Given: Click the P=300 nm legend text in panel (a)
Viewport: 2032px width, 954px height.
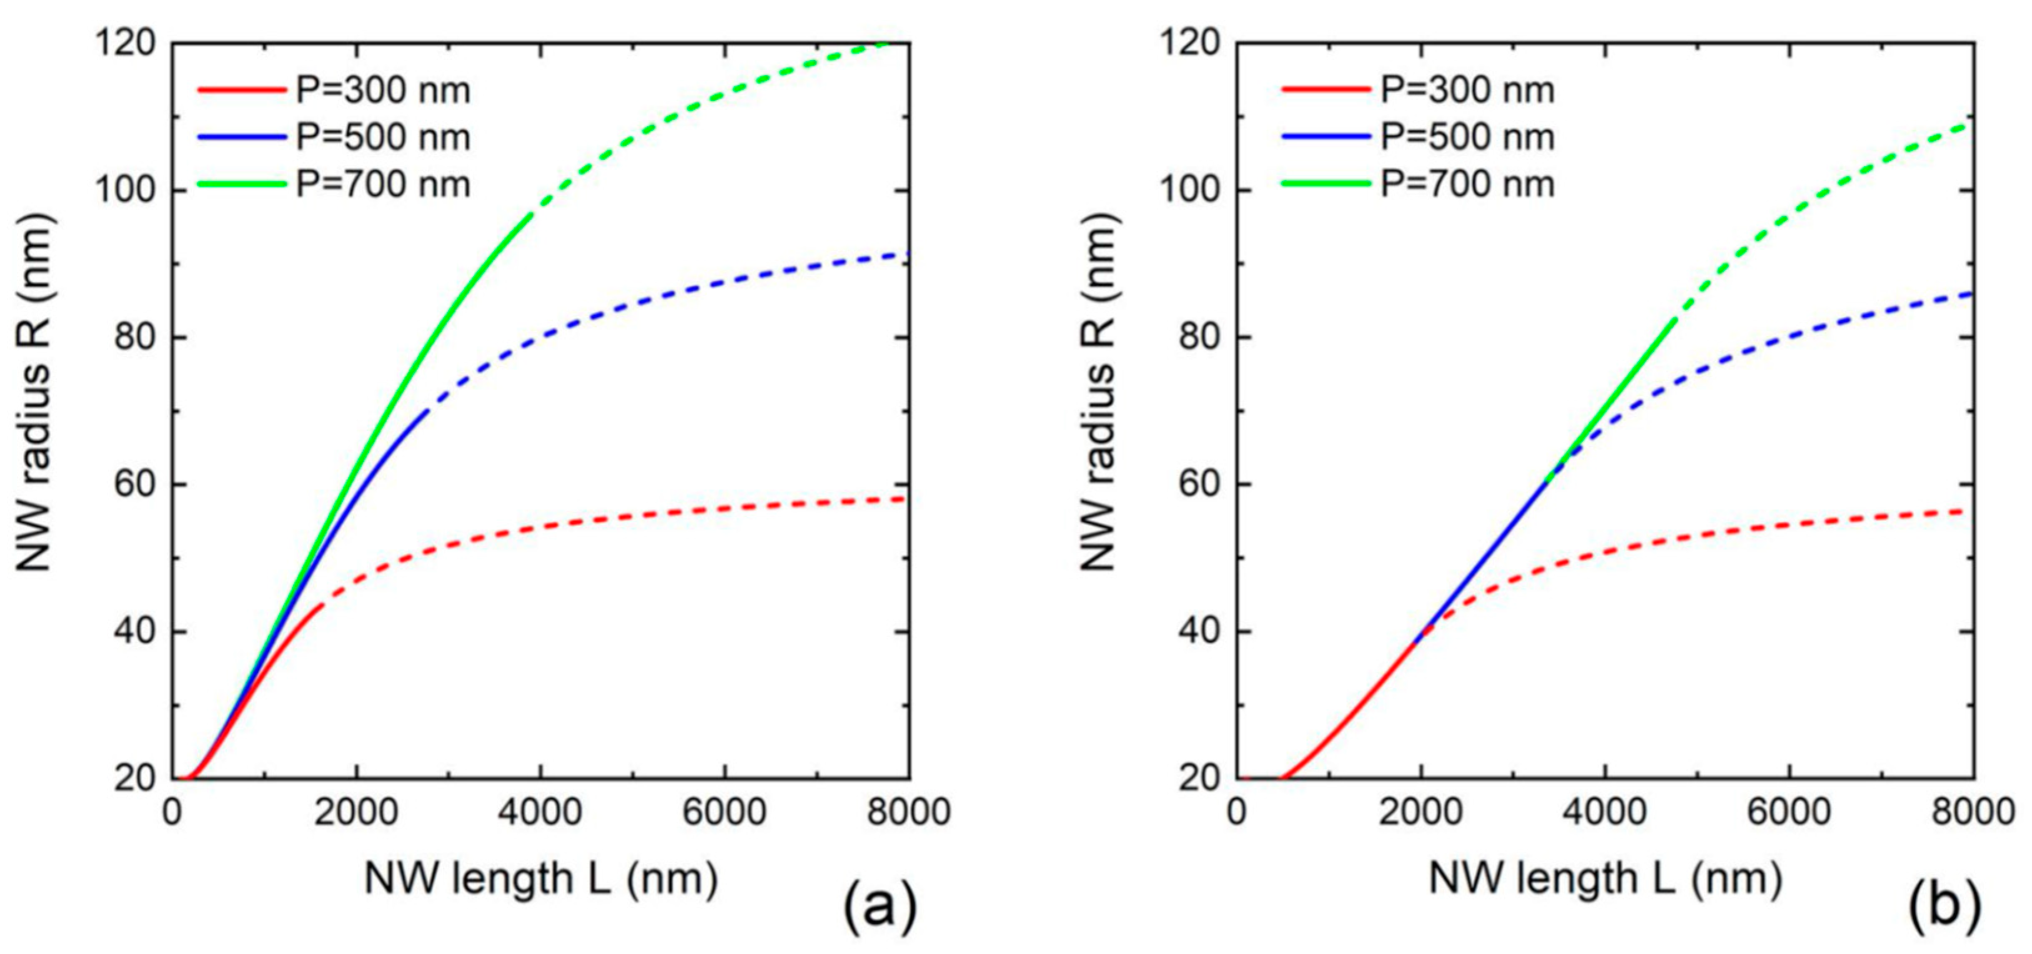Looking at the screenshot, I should click(x=382, y=91).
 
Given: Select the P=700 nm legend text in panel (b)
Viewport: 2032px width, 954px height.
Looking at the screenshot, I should click(x=1467, y=184).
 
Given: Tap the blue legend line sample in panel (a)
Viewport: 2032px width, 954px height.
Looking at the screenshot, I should click(x=240, y=137).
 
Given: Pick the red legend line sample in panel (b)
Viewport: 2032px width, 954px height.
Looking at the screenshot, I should click(x=1326, y=90).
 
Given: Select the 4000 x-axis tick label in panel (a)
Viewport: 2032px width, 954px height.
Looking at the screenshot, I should click(x=540, y=812).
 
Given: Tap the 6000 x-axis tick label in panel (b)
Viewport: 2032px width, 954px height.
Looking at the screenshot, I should click(x=1788, y=812).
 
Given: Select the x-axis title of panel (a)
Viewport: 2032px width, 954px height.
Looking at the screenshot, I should click(x=541, y=878).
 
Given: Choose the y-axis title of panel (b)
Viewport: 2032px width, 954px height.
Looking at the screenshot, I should click(x=1098, y=394).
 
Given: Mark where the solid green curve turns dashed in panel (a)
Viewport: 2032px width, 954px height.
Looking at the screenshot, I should click(x=531, y=214).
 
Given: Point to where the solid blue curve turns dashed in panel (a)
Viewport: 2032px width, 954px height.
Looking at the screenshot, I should click(x=427, y=410).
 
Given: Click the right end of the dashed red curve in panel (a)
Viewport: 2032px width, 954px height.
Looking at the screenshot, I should click(x=907, y=498).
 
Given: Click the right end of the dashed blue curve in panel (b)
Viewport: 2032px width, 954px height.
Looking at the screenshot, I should click(x=1971, y=294).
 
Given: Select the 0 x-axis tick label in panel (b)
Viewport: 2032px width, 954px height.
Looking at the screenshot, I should click(x=1237, y=812).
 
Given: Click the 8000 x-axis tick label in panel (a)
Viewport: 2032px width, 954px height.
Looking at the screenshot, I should click(x=909, y=812).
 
